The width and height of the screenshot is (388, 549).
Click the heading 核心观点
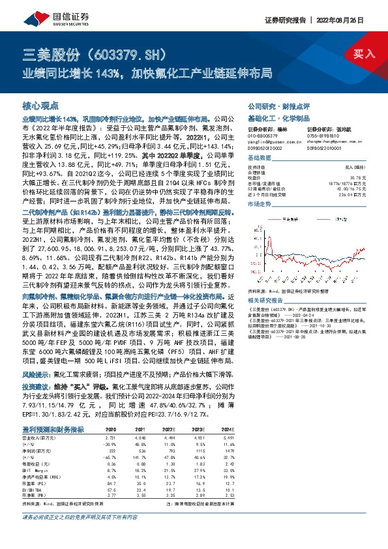41,105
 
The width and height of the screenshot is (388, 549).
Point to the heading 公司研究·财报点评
276,105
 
